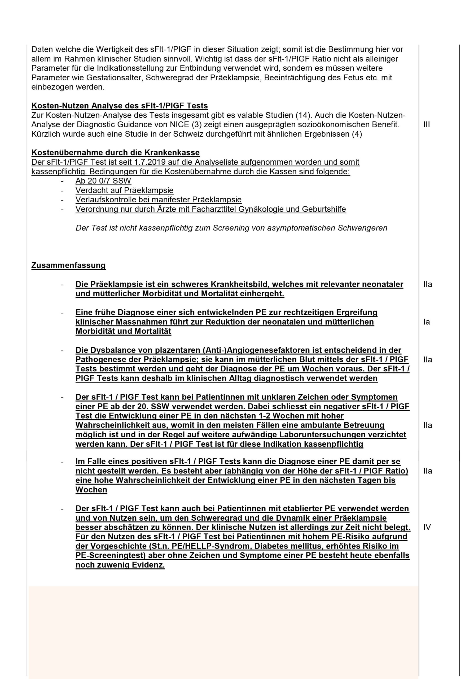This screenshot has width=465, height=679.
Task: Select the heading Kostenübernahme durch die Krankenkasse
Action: point(115,153)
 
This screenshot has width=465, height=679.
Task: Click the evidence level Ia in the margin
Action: point(427,322)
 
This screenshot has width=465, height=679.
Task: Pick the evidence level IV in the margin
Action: point(427,527)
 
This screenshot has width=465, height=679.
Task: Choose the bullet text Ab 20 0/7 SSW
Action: point(103,181)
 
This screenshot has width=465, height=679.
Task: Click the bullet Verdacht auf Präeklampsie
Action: point(124,190)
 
